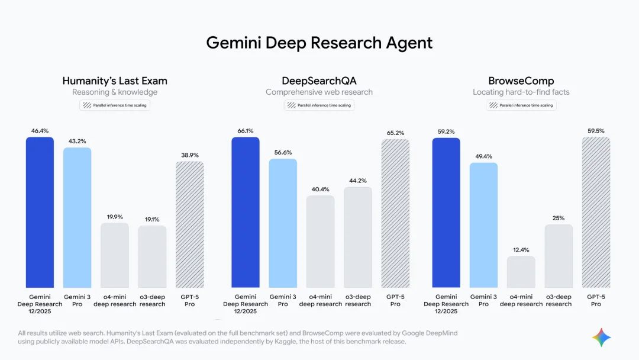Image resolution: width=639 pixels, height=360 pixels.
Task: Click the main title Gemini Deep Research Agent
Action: [319, 43]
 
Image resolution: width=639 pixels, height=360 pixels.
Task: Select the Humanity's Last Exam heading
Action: [115, 81]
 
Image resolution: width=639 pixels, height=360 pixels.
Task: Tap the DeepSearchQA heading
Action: [319, 81]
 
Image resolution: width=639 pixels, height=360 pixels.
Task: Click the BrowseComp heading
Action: [521, 81]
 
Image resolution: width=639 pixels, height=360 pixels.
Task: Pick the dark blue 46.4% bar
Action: [40, 213]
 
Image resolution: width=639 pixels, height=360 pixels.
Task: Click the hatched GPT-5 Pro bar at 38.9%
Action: [189, 225]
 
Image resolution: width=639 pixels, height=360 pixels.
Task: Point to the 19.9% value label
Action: [114, 217]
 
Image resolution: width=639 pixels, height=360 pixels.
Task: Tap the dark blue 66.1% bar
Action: [245, 213]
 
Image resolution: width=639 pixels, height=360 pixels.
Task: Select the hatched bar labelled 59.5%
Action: [596, 213]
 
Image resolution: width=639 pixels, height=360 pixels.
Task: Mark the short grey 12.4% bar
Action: [521, 272]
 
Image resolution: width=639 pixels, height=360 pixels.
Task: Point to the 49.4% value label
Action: [483, 156]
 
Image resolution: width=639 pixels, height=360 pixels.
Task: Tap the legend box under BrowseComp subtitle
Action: [521, 105]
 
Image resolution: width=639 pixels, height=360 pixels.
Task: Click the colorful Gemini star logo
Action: [601, 337]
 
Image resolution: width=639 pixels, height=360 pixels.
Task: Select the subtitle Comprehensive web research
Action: [319, 92]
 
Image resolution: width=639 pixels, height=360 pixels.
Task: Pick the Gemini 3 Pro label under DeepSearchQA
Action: [283, 300]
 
